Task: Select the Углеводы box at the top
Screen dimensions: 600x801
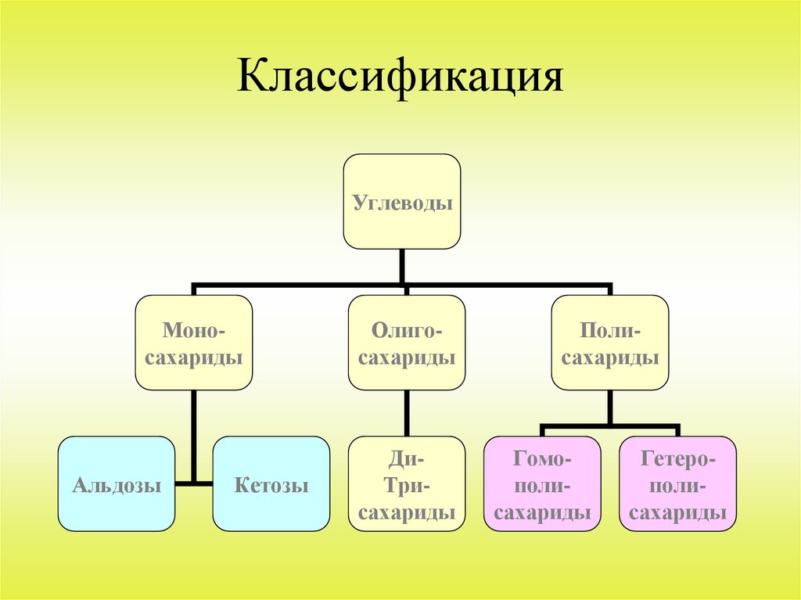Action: [x=402, y=202]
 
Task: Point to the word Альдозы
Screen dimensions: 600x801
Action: [x=117, y=486]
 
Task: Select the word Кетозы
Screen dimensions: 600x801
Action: [x=271, y=486]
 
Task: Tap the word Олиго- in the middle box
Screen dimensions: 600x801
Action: [x=406, y=332]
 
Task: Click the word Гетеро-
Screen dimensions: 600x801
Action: [x=678, y=457]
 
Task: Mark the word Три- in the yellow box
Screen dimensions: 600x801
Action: [x=406, y=486]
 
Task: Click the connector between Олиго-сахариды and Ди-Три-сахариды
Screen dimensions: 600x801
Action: [x=406, y=413]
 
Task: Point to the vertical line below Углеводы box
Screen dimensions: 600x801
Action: [x=402, y=266]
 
